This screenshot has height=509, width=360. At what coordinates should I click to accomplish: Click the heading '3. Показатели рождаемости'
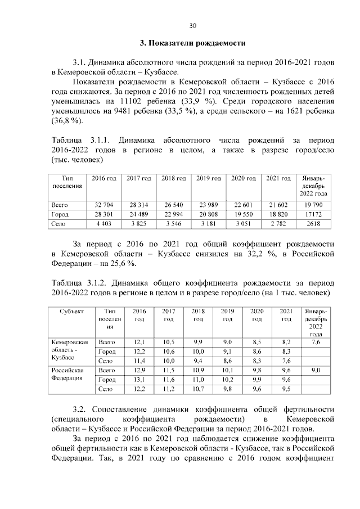tap(192, 43)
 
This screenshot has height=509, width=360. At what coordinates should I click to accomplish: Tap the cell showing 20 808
tap(208, 215)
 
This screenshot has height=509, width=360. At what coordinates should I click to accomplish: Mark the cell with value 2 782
tap(278, 224)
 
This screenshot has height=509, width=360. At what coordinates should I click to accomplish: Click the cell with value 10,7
tap(198, 389)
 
